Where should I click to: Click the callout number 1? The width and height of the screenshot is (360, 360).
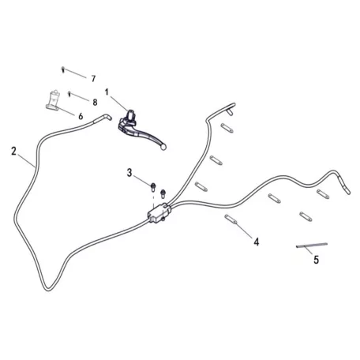[107, 92]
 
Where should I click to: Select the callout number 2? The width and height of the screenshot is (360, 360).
[13, 151]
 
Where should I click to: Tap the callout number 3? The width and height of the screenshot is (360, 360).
[129, 173]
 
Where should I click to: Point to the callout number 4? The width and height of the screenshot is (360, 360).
[257, 242]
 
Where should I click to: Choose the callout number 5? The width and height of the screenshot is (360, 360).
[317, 260]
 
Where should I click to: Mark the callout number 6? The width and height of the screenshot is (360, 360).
[81, 116]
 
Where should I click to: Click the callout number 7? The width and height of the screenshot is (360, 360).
[93, 78]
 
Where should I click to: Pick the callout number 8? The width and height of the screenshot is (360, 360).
[95, 102]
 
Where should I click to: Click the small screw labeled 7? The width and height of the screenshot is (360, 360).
[63, 69]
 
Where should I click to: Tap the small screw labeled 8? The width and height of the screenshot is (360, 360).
[69, 94]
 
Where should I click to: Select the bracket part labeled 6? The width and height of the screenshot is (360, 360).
[53, 100]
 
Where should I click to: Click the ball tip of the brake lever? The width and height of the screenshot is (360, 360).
[163, 148]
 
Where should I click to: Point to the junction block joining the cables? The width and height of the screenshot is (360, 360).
[159, 212]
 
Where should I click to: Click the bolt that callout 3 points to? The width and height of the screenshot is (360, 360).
[152, 187]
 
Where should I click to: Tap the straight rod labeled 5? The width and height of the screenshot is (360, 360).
[312, 246]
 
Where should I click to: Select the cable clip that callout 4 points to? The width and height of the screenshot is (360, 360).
[231, 219]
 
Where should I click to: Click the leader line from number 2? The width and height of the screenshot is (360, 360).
[27, 161]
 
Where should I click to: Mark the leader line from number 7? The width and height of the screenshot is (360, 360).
[75, 73]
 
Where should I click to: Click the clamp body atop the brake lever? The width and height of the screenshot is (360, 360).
[131, 116]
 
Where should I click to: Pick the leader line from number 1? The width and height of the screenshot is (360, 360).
[119, 103]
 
